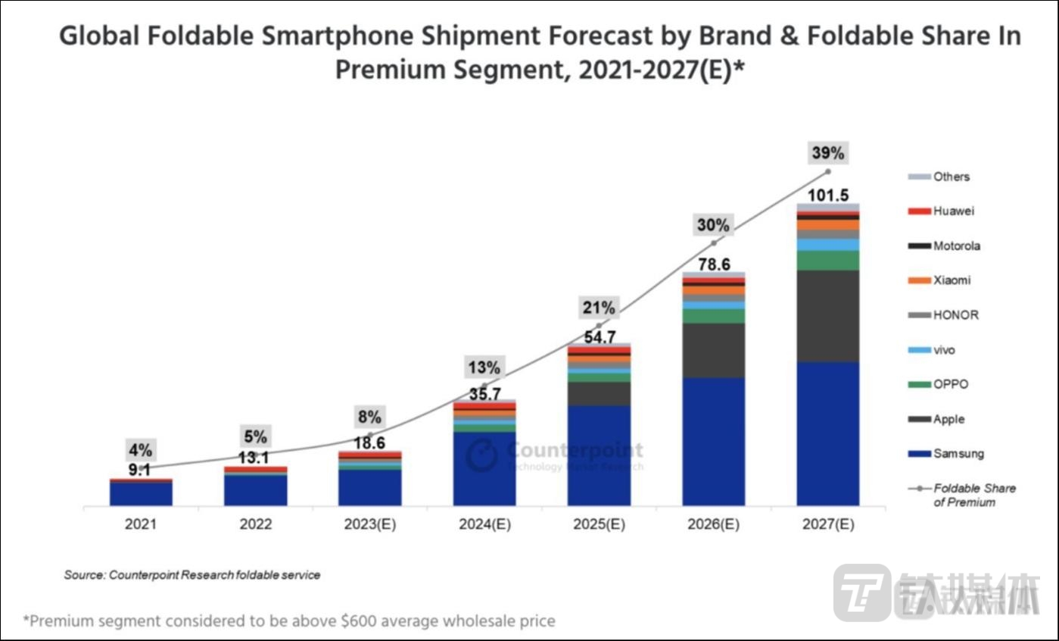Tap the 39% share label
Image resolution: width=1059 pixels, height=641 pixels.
click(x=827, y=153)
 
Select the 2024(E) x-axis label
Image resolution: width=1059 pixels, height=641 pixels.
click(x=484, y=524)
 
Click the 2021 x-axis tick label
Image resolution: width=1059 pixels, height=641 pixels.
click(x=141, y=524)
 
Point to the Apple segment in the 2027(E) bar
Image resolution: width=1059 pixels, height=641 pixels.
click(x=827, y=315)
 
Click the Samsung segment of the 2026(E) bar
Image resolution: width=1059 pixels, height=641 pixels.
click(x=713, y=441)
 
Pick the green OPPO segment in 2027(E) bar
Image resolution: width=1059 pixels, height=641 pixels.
click(x=827, y=260)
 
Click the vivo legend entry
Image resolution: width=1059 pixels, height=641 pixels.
click(x=939, y=350)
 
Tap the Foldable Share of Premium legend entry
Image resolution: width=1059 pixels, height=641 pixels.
click(x=961, y=495)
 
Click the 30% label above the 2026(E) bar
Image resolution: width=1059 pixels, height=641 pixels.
click(x=713, y=226)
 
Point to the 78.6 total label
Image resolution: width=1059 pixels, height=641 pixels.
click(x=713, y=264)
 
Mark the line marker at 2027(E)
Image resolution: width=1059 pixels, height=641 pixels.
click(x=827, y=171)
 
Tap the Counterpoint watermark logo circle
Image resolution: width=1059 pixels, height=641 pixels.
click(x=482, y=455)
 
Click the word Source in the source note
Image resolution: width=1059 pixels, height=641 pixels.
click(x=83, y=575)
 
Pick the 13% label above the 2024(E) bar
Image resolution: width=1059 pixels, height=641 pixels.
click(x=484, y=368)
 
